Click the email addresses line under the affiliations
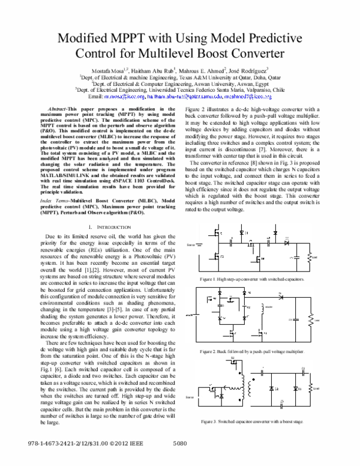pos(180,95)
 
